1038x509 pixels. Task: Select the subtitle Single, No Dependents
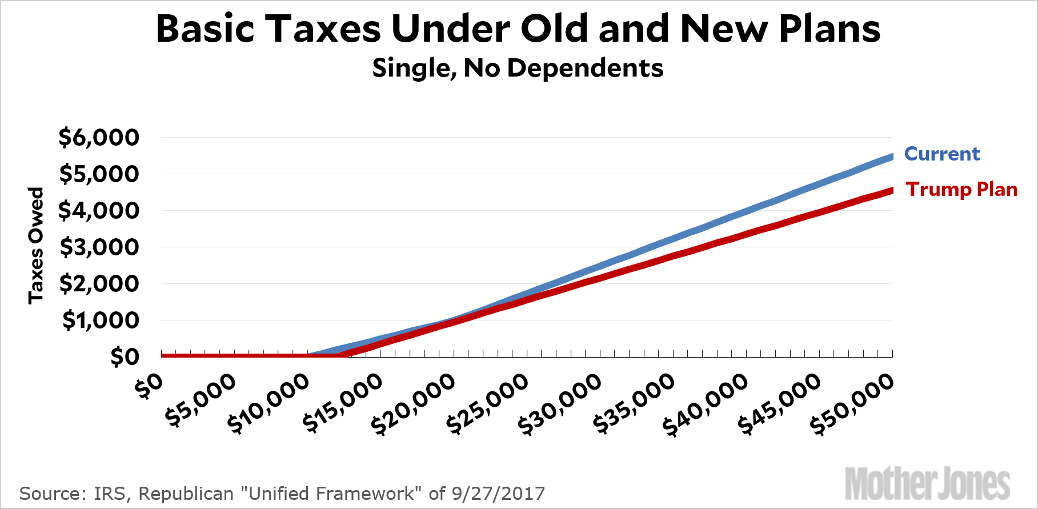[x=518, y=68]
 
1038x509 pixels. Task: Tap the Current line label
[x=942, y=154]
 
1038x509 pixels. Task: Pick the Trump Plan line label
[x=961, y=189]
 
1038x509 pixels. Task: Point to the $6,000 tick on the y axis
[x=99, y=138]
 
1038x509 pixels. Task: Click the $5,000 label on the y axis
[x=99, y=174]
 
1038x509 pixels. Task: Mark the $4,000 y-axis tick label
[x=99, y=211]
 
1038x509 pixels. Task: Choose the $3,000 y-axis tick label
[x=99, y=247]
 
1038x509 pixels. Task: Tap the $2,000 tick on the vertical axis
[x=99, y=284]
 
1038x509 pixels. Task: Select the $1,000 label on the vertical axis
[x=101, y=320]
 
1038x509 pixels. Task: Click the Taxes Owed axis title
[x=36, y=245]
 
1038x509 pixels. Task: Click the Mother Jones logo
[x=927, y=484]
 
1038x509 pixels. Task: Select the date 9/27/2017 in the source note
[x=498, y=494]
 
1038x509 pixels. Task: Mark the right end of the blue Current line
[x=891, y=157]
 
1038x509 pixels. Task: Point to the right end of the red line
[x=891, y=191]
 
